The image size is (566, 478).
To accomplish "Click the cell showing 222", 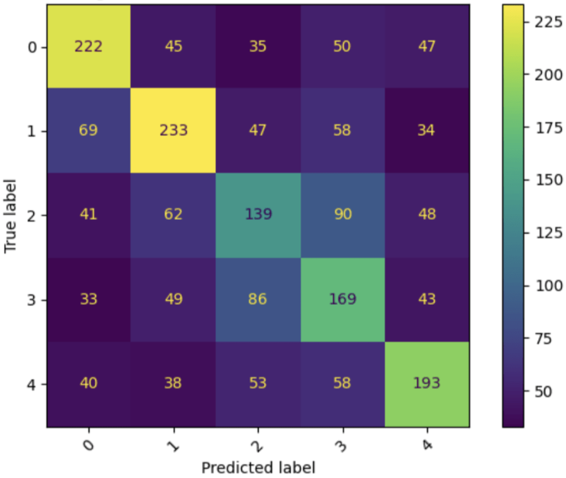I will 89,46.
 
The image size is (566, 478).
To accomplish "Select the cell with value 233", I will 174,131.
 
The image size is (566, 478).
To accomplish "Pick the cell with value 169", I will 343,299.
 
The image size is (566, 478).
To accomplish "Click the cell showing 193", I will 427,383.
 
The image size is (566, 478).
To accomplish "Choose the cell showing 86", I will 258,299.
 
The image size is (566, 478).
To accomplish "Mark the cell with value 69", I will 89,131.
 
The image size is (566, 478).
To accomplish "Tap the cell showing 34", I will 427,131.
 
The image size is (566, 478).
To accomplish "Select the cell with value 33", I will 89,299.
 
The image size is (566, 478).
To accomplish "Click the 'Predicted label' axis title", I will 258,468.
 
